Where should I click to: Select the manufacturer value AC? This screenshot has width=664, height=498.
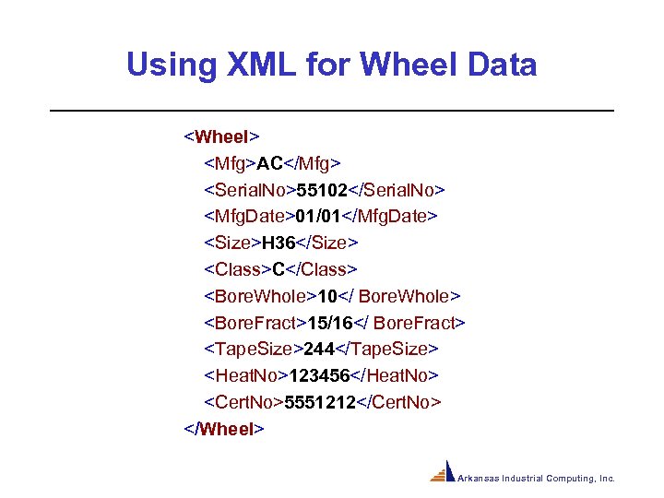point(269,164)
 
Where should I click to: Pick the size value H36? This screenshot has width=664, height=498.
point(277,243)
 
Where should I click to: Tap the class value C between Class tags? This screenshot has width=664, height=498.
point(278,269)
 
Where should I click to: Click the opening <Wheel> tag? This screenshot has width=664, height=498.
point(221,137)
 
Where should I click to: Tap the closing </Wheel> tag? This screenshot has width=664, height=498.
point(225,429)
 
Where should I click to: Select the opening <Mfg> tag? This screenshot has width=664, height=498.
point(230,164)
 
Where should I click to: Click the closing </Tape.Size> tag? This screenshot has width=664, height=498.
point(389,350)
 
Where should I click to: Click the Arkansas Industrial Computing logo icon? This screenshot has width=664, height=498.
point(444,471)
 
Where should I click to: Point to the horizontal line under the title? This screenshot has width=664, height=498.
point(331,111)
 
